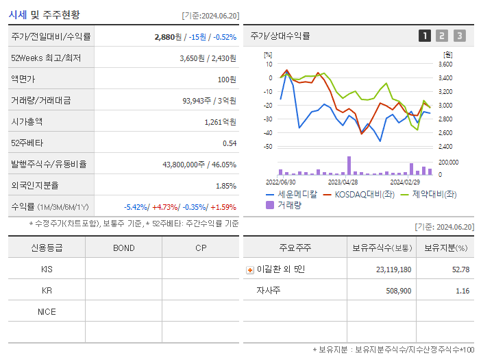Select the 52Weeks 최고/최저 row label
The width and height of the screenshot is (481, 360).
pyautogui.click(x=46, y=58)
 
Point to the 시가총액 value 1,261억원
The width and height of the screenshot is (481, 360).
pyautogui.click(x=221, y=122)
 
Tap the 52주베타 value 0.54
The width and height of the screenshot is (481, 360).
pyautogui.click(x=229, y=143)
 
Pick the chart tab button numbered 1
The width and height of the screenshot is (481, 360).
pyautogui.click(x=425, y=36)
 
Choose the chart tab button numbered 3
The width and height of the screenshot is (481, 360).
pyautogui.click(x=459, y=36)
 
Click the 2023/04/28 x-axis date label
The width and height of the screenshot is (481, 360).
pyautogui.click(x=343, y=182)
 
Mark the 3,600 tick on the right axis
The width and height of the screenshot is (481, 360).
pyautogui.click(x=445, y=64)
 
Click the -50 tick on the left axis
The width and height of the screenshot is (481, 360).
pyautogui.click(x=268, y=147)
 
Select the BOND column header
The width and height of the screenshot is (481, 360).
pyautogui.click(x=123, y=248)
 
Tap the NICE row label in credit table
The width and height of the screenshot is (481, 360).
pyautogui.click(x=47, y=311)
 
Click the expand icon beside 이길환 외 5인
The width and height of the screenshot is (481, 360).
pyautogui.click(x=249, y=269)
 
